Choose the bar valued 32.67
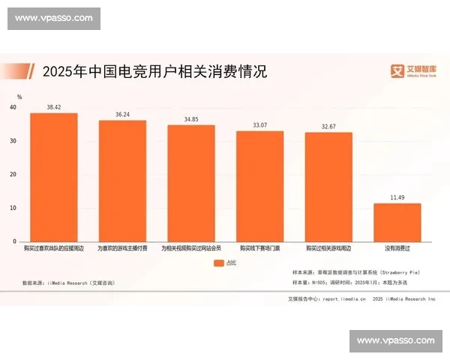[328, 187]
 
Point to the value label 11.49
[397, 197]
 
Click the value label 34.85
[190, 119]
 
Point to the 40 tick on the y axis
[13, 108]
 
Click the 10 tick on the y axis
[13, 208]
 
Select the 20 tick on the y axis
[13, 175]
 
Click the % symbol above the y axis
[19, 97]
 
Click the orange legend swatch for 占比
[218, 263]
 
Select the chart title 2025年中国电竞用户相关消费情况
[154, 72]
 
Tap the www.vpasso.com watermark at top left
[53, 17]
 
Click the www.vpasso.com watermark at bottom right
[396, 340]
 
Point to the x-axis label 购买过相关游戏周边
[328, 247]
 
